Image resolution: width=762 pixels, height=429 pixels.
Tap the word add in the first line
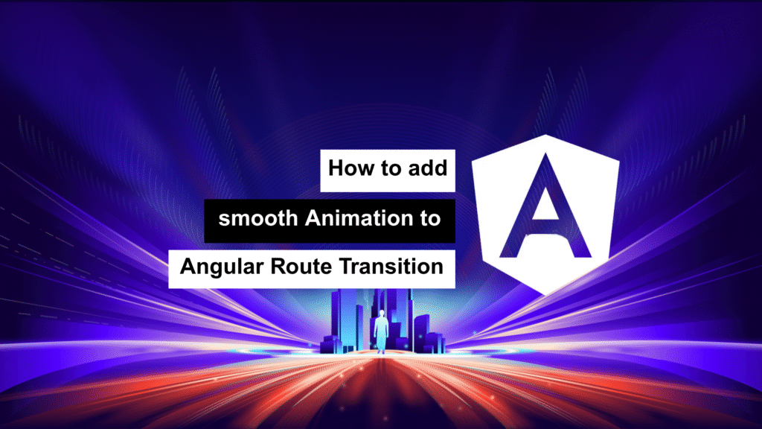[428, 168]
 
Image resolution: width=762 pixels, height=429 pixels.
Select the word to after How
[391, 169]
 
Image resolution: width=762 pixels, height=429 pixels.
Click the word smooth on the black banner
[258, 218]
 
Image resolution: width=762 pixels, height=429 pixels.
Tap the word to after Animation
[430, 219]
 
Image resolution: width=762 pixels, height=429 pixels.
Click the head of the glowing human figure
[382, 314]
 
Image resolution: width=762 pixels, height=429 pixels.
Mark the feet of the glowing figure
[382, 351]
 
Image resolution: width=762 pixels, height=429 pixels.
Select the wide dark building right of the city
[422, 333]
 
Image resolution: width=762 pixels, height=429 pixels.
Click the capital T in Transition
[345, 267]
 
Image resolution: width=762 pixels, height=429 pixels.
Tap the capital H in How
[336, 168]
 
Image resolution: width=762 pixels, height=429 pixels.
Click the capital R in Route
[278, 267]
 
